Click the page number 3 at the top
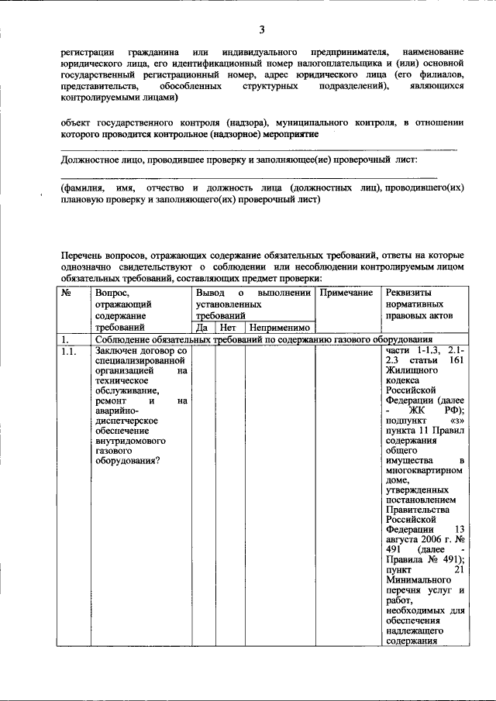point(261,30)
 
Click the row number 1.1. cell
point(70,351)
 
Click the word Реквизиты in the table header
point(412,294)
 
